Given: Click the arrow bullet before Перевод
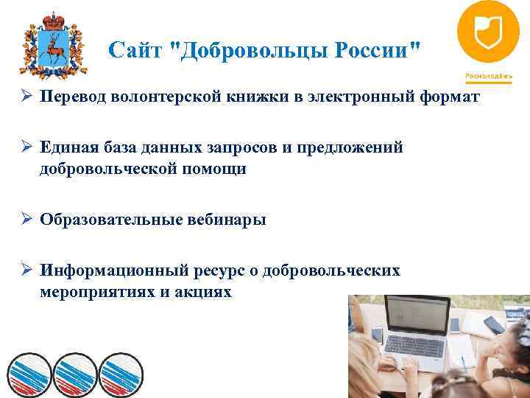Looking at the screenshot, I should (26, 97).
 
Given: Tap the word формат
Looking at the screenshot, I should (451, 97).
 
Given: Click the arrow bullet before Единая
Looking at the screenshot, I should (26, 148).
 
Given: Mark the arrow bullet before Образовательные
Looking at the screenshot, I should (26, 220).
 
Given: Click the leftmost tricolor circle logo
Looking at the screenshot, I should (29, 373).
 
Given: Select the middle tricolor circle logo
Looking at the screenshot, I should (74, 373).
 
